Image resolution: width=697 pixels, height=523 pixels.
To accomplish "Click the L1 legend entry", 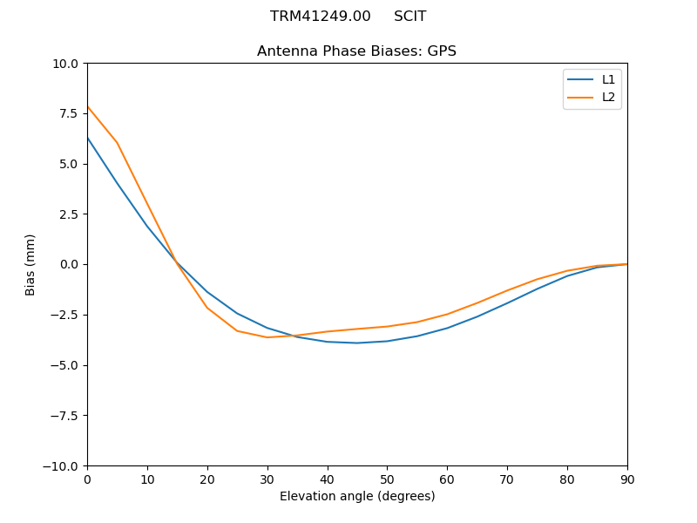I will (592, 79).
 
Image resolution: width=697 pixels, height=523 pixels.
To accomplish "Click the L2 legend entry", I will (592, 97).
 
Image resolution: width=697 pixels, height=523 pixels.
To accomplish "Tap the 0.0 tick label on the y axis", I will (68, 265).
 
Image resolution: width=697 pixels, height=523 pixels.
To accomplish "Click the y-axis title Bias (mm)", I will (30, 264).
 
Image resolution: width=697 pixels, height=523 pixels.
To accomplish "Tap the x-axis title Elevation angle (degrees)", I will (357, 496).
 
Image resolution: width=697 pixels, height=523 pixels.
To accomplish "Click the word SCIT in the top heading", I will (409, 17).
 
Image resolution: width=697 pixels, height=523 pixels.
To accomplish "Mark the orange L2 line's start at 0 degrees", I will (87, 107).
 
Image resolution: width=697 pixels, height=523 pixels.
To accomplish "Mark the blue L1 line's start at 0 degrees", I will (87, 138).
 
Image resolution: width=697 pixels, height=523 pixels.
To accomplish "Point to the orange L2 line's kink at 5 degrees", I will (117, 143).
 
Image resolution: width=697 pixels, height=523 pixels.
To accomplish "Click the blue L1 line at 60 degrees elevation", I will (447, 329).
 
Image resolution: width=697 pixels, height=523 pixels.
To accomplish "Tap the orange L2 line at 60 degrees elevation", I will (447, 315).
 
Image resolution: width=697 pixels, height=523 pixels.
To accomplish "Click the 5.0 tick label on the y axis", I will (68, 164).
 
